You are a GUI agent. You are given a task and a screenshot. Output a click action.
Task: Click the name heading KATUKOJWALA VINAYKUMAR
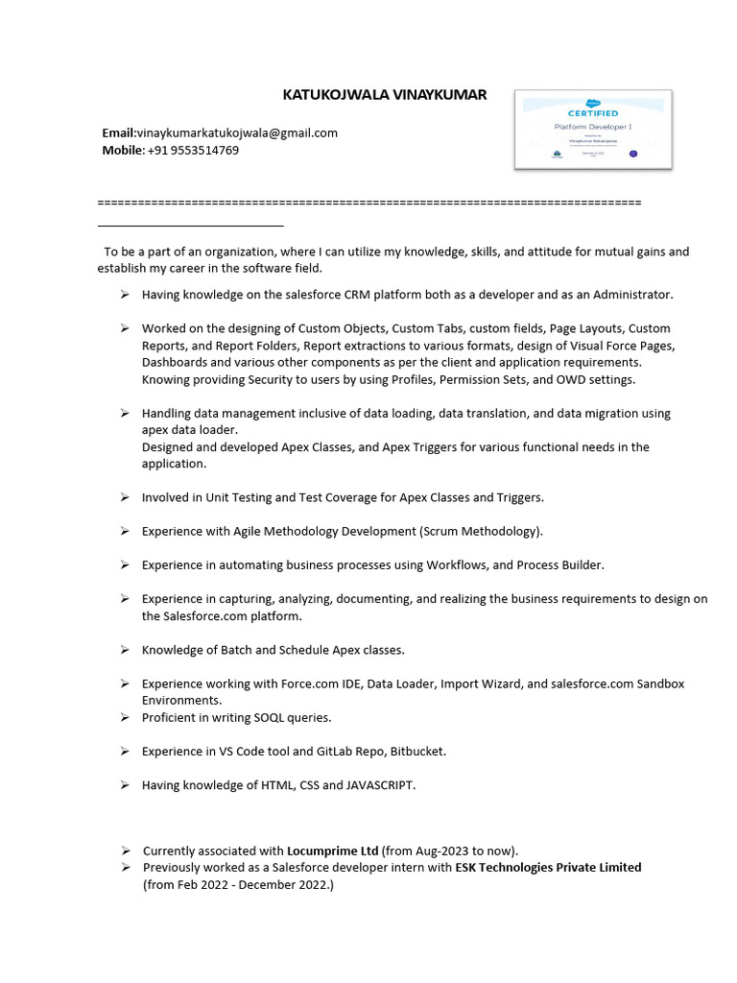[384, 95]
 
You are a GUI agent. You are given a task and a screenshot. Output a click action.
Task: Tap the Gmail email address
[237, 132]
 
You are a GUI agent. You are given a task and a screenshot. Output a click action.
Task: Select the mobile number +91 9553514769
[193, 150]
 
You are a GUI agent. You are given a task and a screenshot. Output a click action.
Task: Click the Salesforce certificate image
[593, 129]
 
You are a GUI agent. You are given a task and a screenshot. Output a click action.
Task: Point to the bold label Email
[118, 132]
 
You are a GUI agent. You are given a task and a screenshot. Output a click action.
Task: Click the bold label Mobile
[122, 150]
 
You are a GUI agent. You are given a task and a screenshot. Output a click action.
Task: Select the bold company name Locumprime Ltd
[332, 851]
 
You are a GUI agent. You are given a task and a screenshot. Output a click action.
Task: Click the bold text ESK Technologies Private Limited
[548, 867]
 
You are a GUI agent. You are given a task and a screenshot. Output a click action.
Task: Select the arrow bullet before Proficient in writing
[125, 717]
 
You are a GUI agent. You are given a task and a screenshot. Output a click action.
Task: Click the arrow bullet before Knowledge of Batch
[125, 650]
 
